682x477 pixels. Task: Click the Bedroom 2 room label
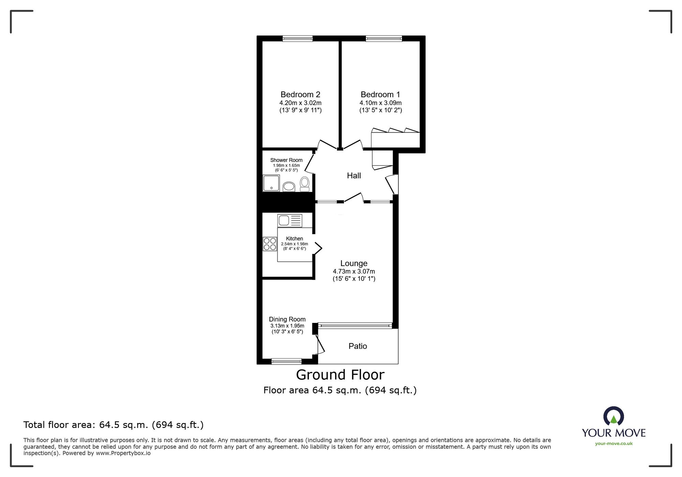tap(300, 94)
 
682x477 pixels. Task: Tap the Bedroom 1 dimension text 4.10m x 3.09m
tap(380, 103)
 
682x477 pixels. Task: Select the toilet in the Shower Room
tap(305, 184)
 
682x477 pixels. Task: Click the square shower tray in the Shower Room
tap(271, 183)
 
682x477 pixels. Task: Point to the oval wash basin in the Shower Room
tap(289, 187)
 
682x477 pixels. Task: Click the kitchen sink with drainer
tap(290, 221)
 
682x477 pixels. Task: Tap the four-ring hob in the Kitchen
tap(270, 244)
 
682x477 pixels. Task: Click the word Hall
tap(354, 176)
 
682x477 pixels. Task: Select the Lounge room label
tap(354, 263)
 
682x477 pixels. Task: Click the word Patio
tap(358, 346)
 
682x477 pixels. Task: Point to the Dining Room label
tap(287, 319)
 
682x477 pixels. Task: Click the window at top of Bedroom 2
tap(297, 39)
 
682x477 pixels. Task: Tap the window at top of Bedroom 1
tap(384, 39)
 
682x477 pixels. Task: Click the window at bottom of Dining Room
tap(286, 361)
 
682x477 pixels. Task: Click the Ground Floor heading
tap(340, 375)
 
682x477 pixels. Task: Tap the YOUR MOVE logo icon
tap(613, 416)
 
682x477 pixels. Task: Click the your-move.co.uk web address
tap(613, 444)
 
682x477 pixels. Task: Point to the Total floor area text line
tap(113, 425)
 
